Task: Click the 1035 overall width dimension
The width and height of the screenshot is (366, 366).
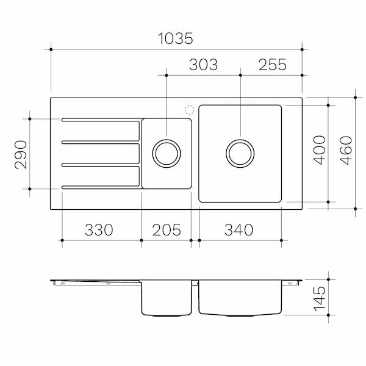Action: (175, 38)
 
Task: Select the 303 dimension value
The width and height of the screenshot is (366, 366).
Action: (203, 65)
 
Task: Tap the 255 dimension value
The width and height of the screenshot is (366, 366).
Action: (273, 65)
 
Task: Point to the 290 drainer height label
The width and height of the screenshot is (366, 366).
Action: (21, 154)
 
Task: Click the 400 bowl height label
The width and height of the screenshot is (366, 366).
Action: (319, 150)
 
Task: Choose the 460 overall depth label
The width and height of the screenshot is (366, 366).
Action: (346, 150)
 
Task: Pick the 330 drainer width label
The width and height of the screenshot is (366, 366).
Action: (99, 230)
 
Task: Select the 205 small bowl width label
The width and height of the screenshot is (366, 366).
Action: (167, 230)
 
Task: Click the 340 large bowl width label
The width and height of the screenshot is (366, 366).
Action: (239, 230)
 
